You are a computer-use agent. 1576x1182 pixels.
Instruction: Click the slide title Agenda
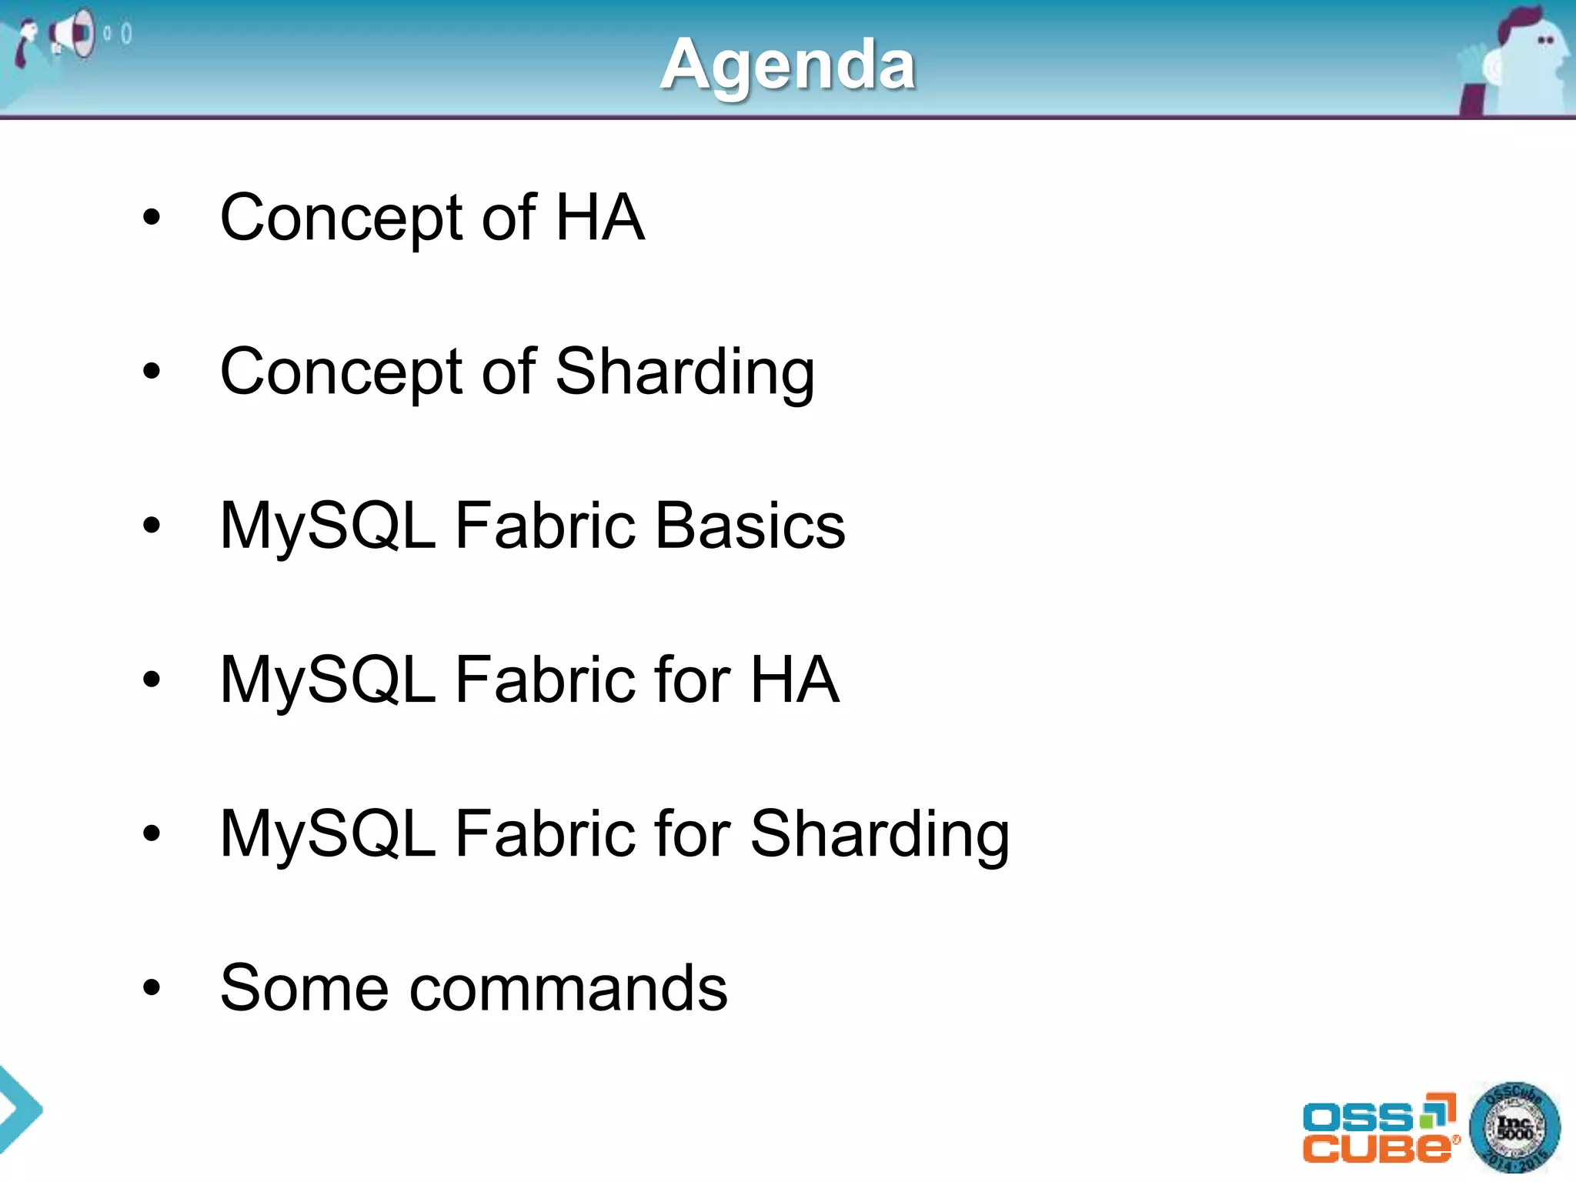pos(787,65)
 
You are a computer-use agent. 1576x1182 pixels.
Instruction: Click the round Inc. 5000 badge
pos(1514,1128)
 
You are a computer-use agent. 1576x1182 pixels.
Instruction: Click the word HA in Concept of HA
pos(599,218)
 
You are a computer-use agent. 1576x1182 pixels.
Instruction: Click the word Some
pos(304,988)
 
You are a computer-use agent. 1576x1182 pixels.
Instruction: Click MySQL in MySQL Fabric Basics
pos(328,527)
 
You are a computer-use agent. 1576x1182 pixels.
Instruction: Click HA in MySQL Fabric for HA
pos(794,679)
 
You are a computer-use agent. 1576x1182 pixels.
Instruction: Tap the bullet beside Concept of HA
pos(152,218)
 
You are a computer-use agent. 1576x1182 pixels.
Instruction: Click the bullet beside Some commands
pos(152,988)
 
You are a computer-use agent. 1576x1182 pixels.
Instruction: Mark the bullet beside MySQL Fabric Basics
pos(152,526)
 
